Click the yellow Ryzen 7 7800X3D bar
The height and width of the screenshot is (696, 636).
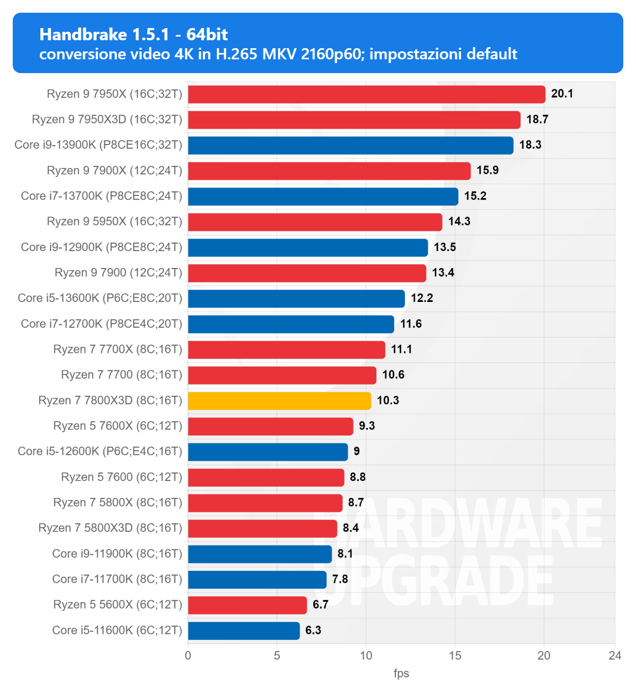pos(279,400)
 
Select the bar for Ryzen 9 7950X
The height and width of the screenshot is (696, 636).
pos(367,94)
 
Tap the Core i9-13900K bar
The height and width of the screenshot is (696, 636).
pos(351,145)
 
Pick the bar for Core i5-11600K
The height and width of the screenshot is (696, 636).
pos(244,630)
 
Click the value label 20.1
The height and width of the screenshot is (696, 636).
pos(562,94)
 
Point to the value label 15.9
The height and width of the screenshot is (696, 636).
pos(488,171)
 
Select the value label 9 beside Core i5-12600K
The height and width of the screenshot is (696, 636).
pos(357,451)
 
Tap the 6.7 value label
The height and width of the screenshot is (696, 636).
pos(321,605)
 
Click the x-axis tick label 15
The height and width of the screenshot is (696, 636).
pos(455,655)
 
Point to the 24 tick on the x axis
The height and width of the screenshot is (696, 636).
pos(615,655)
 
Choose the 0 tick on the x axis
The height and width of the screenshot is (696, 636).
pos(188,655)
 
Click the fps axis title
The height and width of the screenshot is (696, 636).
pos(401,673)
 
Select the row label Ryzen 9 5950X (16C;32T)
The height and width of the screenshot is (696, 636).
pos(114,221)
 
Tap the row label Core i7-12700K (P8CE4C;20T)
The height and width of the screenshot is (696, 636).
pos(102,324)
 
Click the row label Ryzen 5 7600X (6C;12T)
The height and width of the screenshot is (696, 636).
pos(118,426)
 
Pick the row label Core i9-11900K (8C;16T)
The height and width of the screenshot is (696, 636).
pos(117,554)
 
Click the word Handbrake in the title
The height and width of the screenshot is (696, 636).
pos(83,34)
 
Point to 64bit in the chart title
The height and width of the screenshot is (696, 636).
pos(207,34)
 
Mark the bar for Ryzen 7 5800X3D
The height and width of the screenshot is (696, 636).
pos(262,528)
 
